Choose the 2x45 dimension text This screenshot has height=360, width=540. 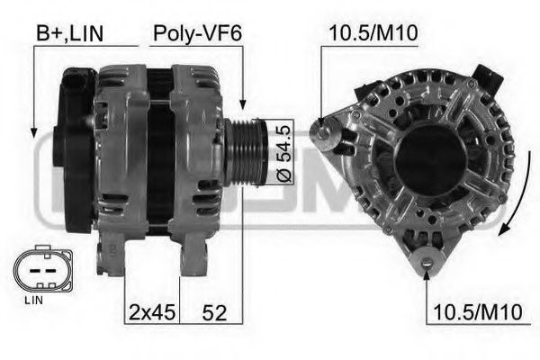click(x=151, y=313)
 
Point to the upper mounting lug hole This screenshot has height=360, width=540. click(x=321, y=131)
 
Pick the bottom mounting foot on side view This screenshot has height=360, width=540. click(x=193, y=261)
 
